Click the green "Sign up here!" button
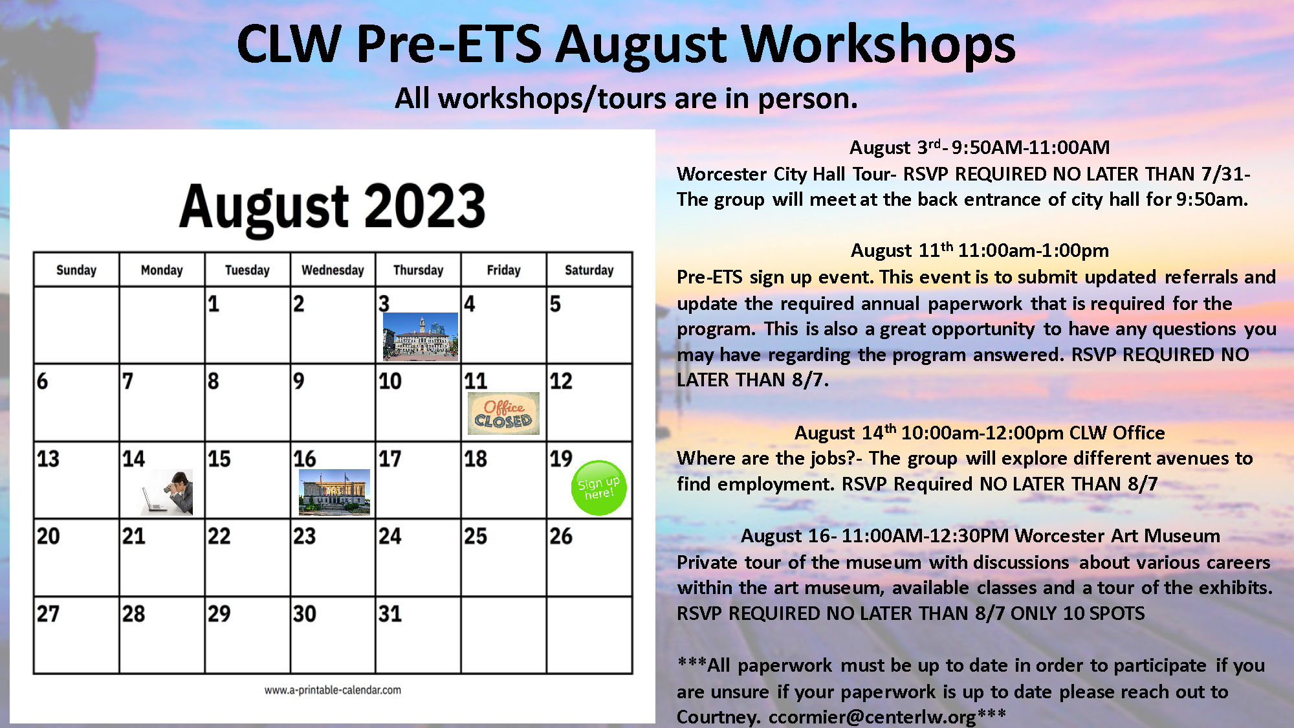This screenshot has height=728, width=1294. (598, 488)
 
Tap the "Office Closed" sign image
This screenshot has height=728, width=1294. (503, 414)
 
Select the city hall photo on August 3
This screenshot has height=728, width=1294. (420, 336)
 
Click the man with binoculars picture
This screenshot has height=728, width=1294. (168, 492)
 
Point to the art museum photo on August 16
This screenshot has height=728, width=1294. (334, 492)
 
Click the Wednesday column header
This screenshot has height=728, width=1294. (333, 270)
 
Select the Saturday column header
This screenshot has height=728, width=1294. (589, 270)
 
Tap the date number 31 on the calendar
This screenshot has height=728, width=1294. (390, 613)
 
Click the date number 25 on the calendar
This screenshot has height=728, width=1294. (476, 536)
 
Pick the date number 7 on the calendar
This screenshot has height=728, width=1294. (127, 381)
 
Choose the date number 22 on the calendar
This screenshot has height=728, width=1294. (219, 536)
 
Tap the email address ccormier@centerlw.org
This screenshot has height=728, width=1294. (872, 717)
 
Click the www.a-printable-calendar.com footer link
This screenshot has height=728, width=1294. (333, 690)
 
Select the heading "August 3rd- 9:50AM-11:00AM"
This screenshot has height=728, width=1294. (979, 148)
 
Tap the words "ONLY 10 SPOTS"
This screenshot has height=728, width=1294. (1077, 613)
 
